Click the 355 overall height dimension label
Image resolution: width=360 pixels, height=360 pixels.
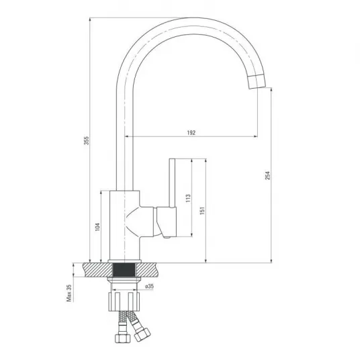coord(87,140)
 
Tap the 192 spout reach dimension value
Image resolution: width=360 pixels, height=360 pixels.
coord(191,133)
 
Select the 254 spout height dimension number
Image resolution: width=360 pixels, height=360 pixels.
coord(268,175)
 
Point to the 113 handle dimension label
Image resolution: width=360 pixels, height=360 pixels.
coord(188,198)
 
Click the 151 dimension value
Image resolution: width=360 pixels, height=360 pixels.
coord(202,210)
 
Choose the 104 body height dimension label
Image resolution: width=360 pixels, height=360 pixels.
coord(97,227)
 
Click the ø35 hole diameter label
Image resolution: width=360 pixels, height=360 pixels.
coord(150,286)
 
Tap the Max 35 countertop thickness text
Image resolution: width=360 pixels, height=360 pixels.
coord(69,293)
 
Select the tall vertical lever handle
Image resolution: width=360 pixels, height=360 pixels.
coord(172,183)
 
